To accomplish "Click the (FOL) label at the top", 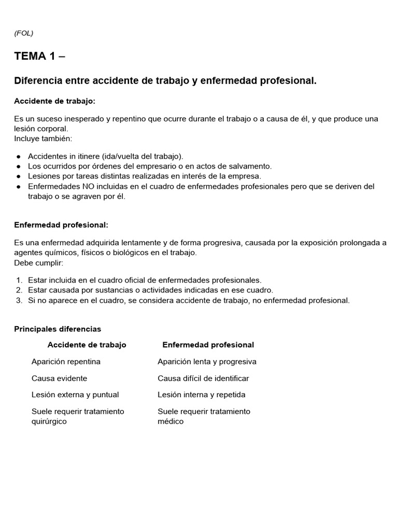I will pos(24,33).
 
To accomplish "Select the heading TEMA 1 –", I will pos(40,57).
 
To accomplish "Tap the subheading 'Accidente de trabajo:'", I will pos(55,101).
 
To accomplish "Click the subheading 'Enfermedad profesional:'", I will pos(61,225).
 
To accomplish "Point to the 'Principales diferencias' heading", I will pos(58,329).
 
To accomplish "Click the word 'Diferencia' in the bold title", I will pos(38,81).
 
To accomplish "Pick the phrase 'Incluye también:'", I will pos(44,138).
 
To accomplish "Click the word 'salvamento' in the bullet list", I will pos(252,166).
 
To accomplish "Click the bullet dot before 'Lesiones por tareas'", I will pos(18,176).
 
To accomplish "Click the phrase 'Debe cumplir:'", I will pos(39,263).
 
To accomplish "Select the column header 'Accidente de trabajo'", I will pos(87,345).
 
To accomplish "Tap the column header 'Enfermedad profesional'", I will pos(208,345).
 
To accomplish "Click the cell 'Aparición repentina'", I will pos(66,361).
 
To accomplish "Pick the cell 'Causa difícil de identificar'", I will pos(203,378).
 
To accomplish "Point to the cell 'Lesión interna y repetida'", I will pos(201,395).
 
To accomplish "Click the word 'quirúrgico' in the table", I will pos(49,421).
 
